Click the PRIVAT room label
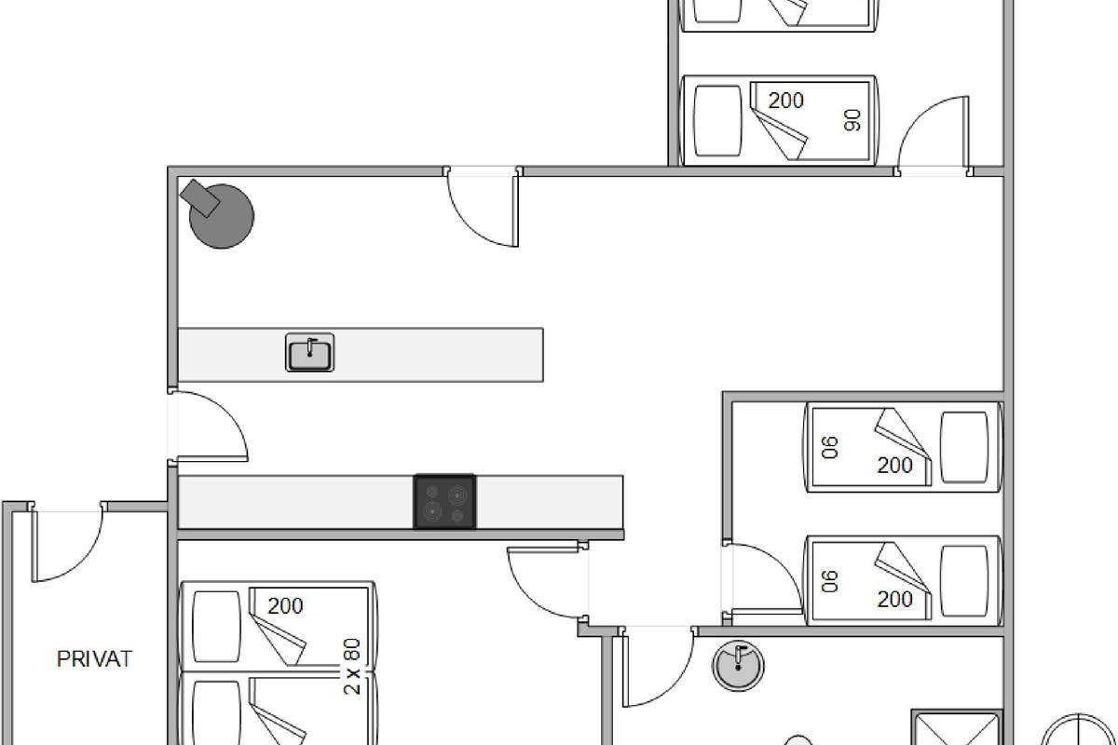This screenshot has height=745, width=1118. [94, 659]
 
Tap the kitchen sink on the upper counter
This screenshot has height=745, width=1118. [310, 353]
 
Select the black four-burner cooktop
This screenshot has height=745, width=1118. [444, 502]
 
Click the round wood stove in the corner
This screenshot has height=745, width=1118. [222, 217]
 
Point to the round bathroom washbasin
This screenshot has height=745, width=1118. [738, 666]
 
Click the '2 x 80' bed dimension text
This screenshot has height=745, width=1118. [352, 667]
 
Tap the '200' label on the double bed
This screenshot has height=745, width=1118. [285, 606]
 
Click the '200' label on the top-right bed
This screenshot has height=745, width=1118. [786, 101]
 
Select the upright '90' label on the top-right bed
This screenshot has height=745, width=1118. [852, 120]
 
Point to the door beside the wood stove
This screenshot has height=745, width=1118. [483, 208]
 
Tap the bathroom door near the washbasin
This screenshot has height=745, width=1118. [658, 667]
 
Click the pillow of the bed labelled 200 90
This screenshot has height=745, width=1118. [718, 121]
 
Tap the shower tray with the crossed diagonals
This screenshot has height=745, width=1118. [956, 728]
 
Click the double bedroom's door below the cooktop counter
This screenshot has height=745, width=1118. [547, 582]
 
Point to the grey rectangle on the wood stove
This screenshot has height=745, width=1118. [200, 198]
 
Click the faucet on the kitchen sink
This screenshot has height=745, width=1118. [310, 346]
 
